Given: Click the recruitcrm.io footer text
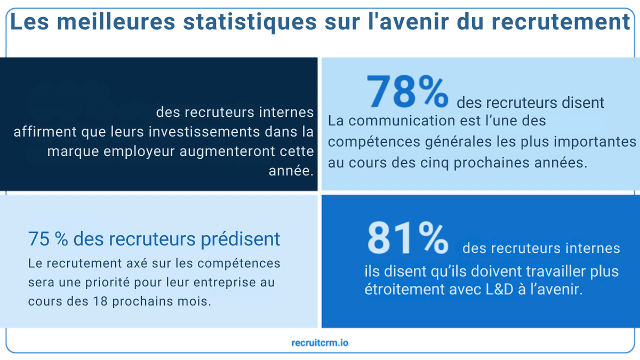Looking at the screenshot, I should [x=320, y=343].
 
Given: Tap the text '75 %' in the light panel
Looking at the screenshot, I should [x=47, y=239].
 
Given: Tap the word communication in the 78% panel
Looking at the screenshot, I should [x=395, y=121].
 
